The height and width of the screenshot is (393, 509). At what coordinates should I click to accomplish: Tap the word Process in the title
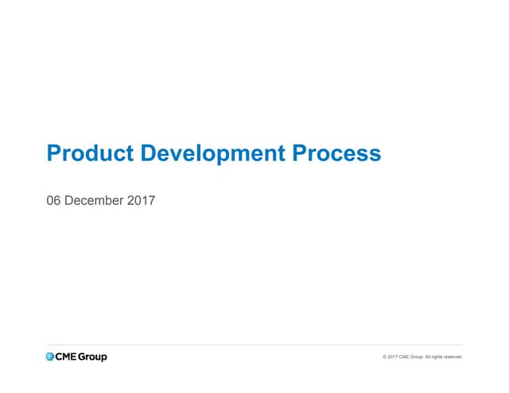click(x=336, y=153)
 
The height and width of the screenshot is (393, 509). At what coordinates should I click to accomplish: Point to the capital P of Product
click(x=54, y=153)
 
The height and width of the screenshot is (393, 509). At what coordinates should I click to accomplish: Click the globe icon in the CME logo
click(x=50, y=356)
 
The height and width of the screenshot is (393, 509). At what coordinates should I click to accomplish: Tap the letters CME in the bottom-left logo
click(x=66, y=356)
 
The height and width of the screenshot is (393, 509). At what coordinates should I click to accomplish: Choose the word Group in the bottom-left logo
click(x=92, y=357)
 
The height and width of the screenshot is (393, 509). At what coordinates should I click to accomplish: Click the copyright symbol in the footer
click(x=385, y=357)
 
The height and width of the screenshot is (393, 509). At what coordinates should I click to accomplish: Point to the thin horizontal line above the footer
click(x=254, y=345)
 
